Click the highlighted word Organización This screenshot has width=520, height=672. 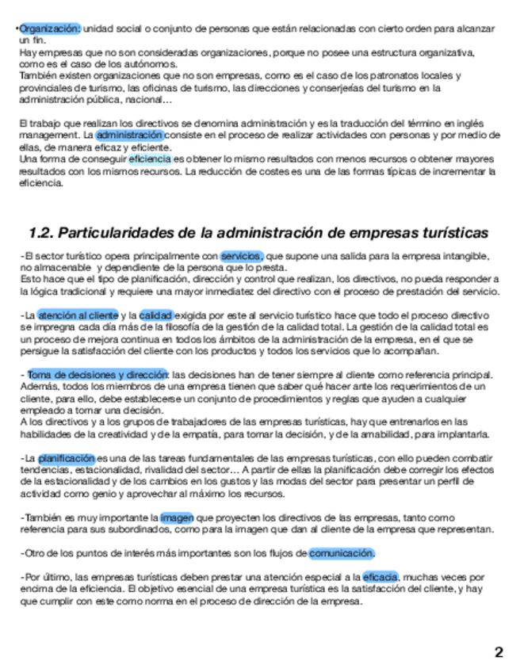point(49,29)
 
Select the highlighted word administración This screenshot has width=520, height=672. point(130,136)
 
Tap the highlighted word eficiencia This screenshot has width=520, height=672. point(150,159)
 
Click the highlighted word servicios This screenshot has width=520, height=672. point(242,256)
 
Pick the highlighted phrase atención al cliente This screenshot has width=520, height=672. point(78,315)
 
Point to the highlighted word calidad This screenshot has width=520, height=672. point(156,315)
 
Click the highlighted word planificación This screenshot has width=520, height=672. point(66,458)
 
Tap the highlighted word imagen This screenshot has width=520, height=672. point(177,517)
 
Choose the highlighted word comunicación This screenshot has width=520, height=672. point(342,553)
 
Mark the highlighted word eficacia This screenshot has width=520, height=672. point(380,577)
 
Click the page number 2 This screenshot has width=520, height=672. point(499,653)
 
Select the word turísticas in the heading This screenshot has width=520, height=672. point(445,233)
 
